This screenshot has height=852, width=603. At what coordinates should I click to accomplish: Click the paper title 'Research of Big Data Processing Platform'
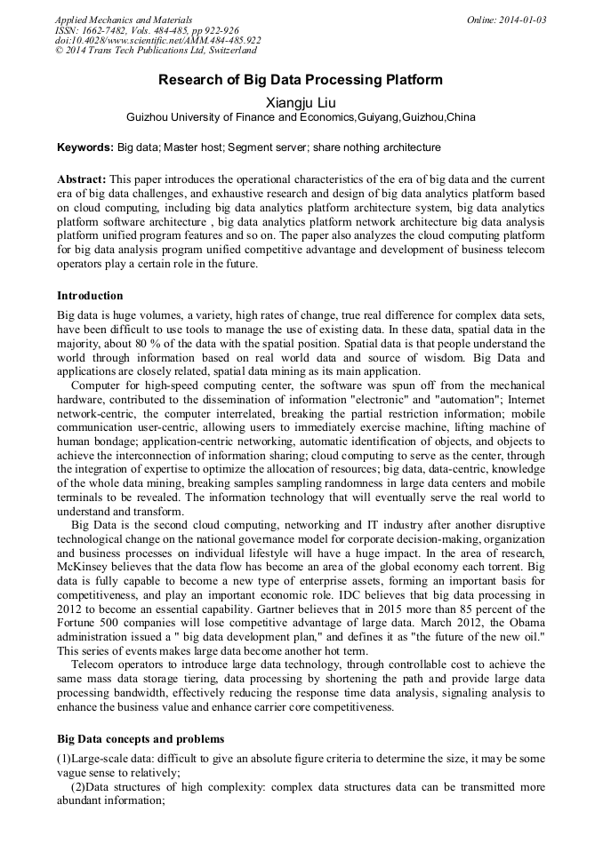point(301,80)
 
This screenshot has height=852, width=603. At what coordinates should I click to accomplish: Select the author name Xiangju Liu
point(301,102)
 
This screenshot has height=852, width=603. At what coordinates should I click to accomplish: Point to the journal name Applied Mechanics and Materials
point(124,20)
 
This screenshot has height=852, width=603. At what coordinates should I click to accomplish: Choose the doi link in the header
point(157,40)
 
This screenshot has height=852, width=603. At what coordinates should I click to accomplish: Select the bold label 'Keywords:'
point(85,147)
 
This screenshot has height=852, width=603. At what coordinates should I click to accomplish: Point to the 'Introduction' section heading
point(90,296)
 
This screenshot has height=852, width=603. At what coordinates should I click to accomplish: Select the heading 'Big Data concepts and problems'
point(141,739)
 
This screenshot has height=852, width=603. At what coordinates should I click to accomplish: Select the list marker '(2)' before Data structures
point(80,787)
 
